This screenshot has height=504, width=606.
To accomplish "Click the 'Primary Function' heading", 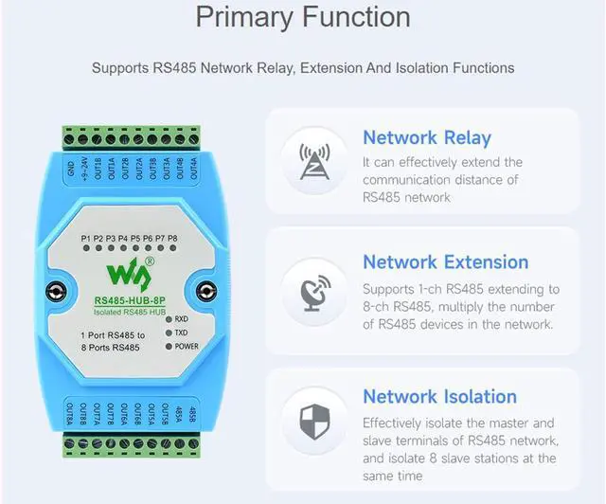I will (x=303, y=18).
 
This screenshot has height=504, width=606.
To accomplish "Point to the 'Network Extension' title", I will (x=446, y=262).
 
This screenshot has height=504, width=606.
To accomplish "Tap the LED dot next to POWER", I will (x=167, y=347).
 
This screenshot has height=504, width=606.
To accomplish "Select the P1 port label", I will (x=86, y=237).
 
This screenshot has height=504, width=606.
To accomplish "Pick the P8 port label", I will (x=172, y=237).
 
